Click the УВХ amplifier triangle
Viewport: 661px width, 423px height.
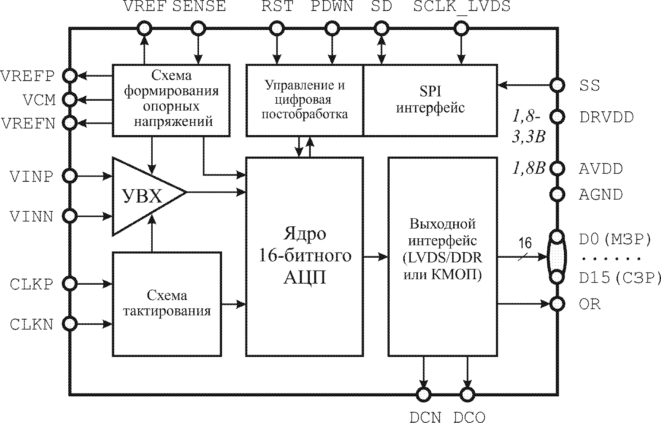click(142, 197)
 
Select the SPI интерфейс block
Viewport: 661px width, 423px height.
click(430, 100)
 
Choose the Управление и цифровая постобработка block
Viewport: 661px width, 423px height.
click(305, 100)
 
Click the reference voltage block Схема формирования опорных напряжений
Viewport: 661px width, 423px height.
click(171, 100)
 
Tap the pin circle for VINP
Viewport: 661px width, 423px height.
click(69, 176)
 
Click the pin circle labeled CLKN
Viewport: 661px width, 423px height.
click(69, 323)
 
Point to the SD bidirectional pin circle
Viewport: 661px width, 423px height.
click(381, 28)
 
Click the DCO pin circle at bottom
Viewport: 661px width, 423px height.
click(467, 394)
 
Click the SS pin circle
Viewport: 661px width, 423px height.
click(557, 85)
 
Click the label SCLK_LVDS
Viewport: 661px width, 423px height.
click(462, 7)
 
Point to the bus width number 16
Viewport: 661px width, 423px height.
click(525, 243)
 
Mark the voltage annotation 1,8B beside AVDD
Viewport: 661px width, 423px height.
click(528, 169)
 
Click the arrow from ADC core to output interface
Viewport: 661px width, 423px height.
click(375, 257)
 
